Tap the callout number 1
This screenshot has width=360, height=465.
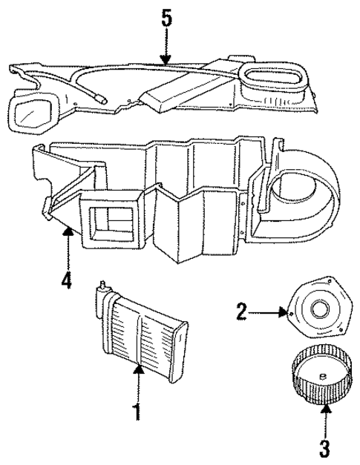136,412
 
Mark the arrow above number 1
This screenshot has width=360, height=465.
136,377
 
